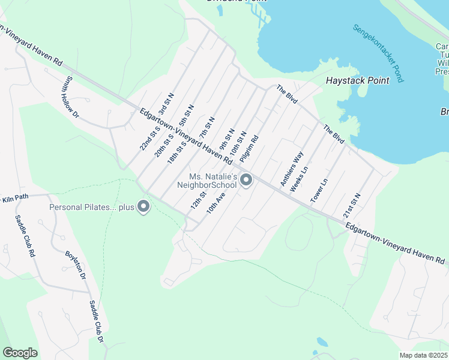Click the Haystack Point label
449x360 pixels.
pos(357,80)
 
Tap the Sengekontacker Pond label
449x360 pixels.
pos(378,53)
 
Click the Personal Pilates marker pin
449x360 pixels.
pos(143,207)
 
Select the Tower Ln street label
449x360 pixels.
pos(319,190)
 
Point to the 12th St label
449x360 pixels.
pos(199,200)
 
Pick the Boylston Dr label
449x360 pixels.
pos(76,262)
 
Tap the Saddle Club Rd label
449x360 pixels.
pos(23,235)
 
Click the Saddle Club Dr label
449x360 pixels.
pos(97,322)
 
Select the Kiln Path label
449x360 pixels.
pos(14,198)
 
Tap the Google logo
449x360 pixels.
pos(20,353)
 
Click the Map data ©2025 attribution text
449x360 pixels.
pos(423,355)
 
